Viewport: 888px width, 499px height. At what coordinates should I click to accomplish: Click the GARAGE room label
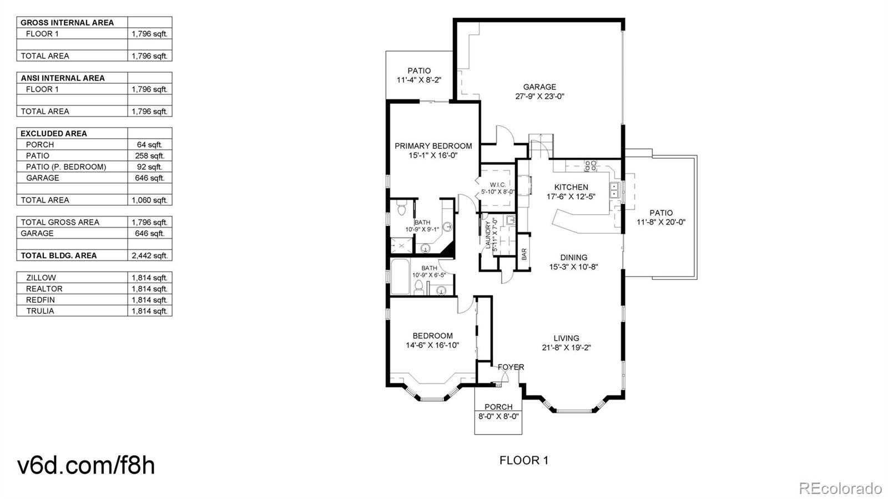click(x=539, y=87)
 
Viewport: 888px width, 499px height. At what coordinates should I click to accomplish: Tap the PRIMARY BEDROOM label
click(x=433, y=146)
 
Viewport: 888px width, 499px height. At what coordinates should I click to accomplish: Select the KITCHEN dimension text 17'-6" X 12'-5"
click(x=571, y=196)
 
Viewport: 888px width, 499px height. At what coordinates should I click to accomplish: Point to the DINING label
click(x=573, y=258)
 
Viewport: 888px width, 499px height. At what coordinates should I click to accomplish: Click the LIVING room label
click(x=566, y=338)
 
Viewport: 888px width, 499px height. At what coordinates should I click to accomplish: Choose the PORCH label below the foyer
click(x=498, y=407)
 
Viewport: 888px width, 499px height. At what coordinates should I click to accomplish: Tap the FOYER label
click(x=511, y=367)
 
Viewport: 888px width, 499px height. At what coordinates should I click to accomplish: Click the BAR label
click(x=524, y=254)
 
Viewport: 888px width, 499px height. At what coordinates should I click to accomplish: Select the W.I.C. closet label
click(x=497, y=185)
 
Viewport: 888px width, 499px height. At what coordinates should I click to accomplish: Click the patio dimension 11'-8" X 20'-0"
click(x=660, y=222)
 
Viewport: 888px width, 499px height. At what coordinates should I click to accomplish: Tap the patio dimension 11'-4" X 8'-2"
click(x=419, y=80)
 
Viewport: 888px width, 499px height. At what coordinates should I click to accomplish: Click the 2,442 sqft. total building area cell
click(x=149, y=255)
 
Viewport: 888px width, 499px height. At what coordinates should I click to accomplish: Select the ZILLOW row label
click(x=41, y=278)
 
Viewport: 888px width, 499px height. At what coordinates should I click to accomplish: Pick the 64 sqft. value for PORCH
click(x=149, y=144)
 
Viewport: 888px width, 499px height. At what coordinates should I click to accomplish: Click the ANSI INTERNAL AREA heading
click(x=63, y=78)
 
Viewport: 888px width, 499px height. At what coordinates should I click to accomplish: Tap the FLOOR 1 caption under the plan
click(x=523, y=460)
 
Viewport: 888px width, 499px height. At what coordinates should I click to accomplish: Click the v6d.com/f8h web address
click(x=86, y=465)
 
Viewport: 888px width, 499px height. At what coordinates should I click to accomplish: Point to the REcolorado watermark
click(x=840, y=488)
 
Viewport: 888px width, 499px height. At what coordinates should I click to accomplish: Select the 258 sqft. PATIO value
click(x=149, y=155)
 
